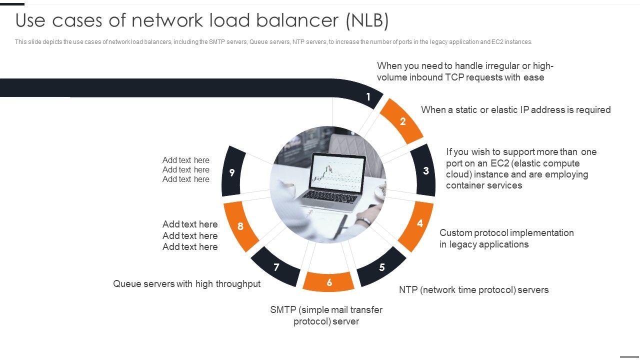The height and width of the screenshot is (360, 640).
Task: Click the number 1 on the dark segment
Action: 368,97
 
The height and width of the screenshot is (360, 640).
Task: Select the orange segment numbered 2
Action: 402,121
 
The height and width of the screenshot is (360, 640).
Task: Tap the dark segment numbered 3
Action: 425,170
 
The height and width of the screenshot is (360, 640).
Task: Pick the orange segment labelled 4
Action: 420,223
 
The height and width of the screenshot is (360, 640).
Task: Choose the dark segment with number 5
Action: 381,267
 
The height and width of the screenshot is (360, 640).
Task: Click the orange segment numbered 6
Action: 329,282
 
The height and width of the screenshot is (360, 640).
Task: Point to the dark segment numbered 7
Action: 276,267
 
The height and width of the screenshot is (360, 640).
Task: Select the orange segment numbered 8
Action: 240,226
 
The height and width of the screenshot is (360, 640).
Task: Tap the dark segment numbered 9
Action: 232,173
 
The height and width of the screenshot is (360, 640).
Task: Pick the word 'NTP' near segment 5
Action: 408,290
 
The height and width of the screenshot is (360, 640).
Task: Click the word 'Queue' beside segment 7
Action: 127,284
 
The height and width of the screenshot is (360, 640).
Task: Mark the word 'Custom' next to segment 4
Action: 455,233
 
